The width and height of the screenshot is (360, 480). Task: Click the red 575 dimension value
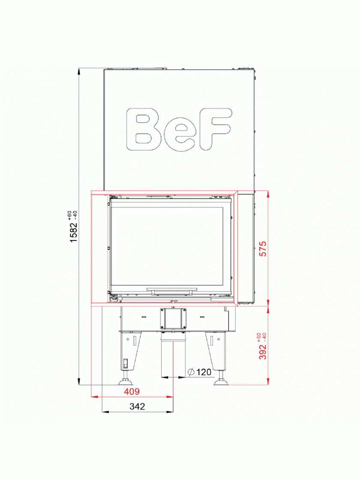click(x=263, y=249)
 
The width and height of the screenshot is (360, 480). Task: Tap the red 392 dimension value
click(x=263, y=351)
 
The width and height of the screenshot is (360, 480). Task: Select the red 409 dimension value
click(x=132, y=391)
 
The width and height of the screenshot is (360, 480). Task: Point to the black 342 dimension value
click(x=137, y=407)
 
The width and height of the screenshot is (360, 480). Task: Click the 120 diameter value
click(x=204, y=372)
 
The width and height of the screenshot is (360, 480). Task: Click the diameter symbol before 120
click(x=191, y=372)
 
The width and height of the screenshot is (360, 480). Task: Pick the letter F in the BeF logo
click(x=215, y=129)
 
